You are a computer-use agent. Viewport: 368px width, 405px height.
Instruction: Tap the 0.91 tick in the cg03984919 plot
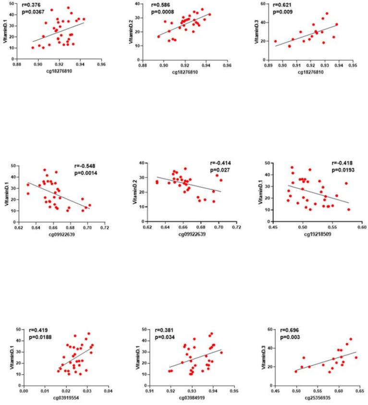(x=150, y=391)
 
